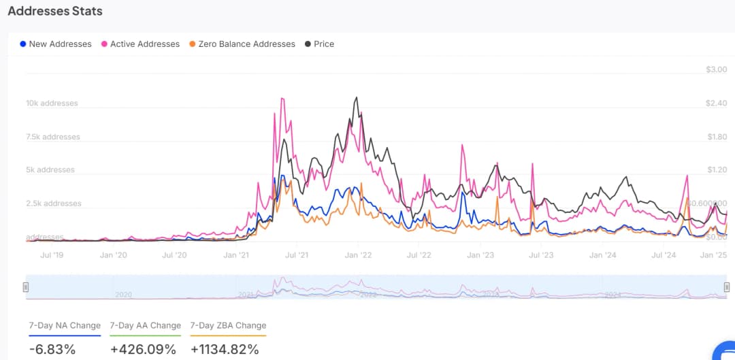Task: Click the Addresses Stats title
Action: (55, 11)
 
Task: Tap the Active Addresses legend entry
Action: (140, 44)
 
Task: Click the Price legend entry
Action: (319, 44)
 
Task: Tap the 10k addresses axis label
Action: (52, 103)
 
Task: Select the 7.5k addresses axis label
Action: (53, 137)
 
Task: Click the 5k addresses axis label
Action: (50, 170)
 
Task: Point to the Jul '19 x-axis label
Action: (52, 255)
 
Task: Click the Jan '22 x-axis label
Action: (358, 255)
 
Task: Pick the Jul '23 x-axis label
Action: (542, 255)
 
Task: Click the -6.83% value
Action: (52, 350)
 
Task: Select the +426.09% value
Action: (143, 350)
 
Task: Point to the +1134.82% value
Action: (225, 350)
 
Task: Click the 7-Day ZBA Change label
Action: (228, 325)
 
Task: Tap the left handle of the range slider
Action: (26, 287)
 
